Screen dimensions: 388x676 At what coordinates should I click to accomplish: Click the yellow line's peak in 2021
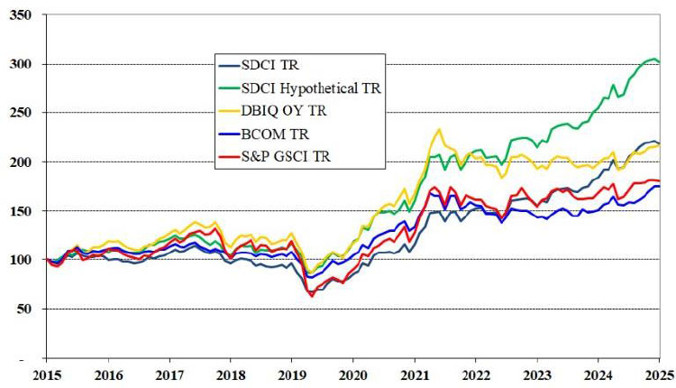(x=438, y=129)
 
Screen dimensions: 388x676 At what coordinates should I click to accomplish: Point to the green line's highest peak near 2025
(x=652, y=59)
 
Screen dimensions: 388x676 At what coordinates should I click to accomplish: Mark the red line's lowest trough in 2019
(x=312, y=295)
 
